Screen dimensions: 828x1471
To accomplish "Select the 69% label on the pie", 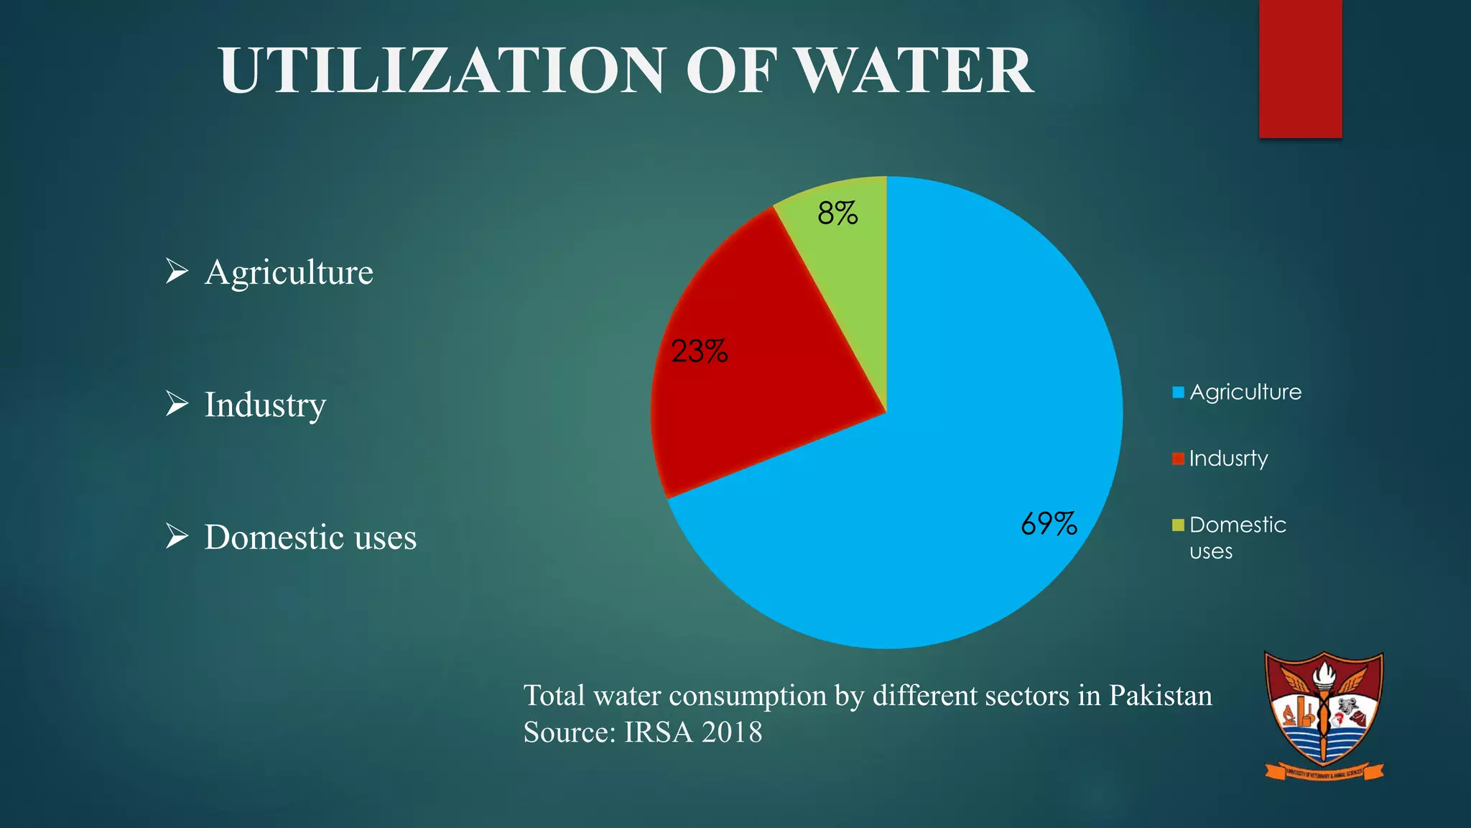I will [1049, 524].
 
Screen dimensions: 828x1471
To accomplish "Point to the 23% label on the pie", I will [699, 351].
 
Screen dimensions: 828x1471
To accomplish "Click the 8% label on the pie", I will [837, 213].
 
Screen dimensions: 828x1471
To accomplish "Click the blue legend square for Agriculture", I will [1178, 392].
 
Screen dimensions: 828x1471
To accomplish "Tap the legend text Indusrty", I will [1228, 459].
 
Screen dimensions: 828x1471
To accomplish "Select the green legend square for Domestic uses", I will [1178, 525].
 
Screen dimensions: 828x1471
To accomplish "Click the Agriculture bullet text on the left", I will [289, 272].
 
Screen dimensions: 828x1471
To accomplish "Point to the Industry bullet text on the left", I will [265, 405].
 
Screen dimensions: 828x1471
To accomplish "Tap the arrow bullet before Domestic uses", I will [176, 536].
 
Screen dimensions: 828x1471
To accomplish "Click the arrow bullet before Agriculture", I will [176, 271].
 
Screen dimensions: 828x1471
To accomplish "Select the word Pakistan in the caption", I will [1160, 696].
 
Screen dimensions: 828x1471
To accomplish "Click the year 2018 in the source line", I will [732, 732].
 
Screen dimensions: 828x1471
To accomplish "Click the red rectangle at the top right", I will [1300, 68].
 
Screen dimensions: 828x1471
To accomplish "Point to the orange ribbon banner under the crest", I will [1324, 773].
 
